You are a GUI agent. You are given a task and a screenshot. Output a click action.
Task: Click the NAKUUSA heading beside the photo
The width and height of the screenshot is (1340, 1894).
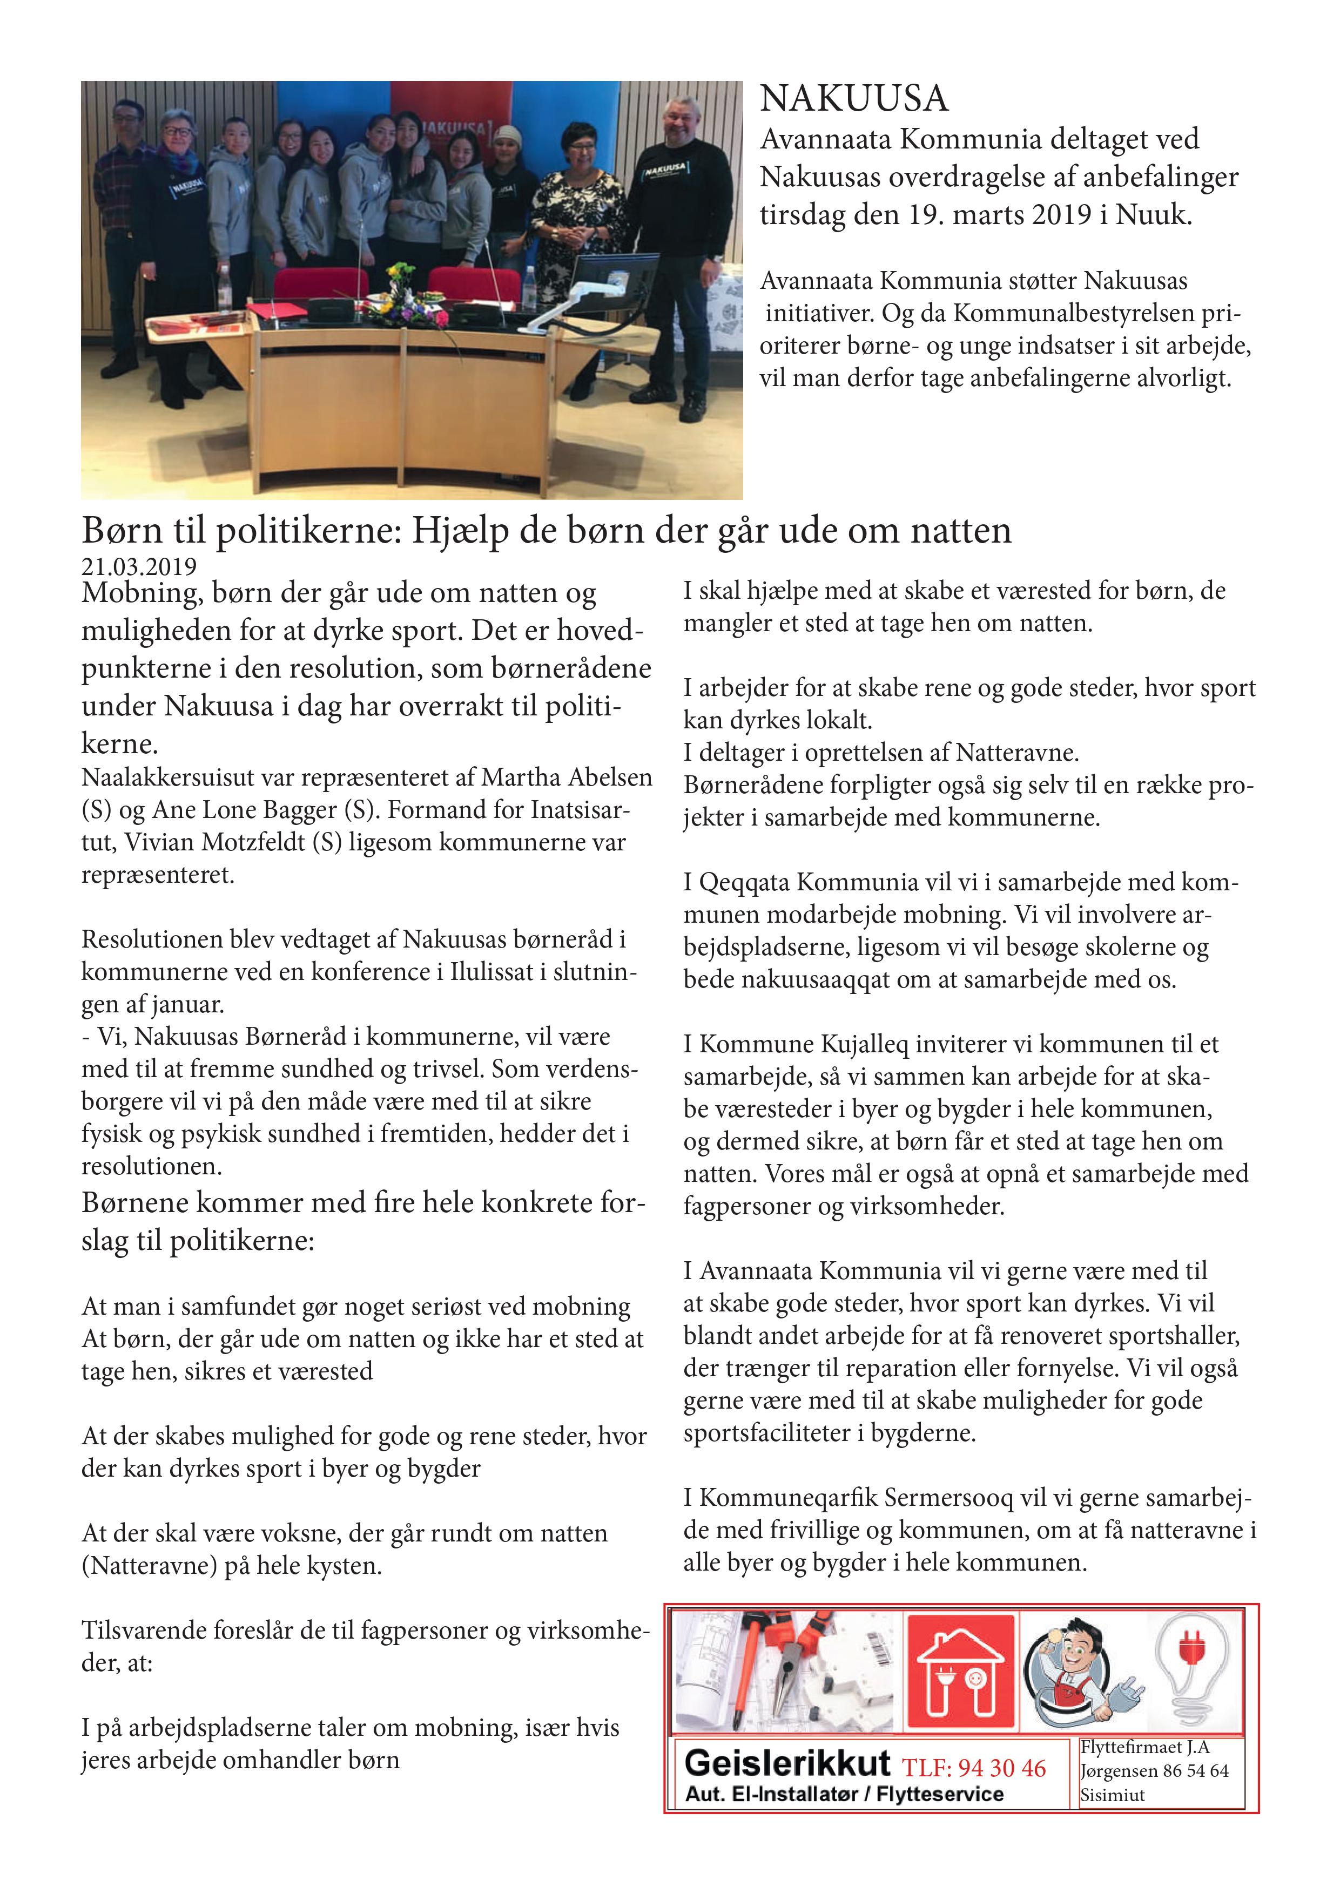[854, 99]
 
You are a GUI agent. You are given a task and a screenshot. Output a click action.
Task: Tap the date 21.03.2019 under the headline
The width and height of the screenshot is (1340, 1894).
[139, 567]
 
